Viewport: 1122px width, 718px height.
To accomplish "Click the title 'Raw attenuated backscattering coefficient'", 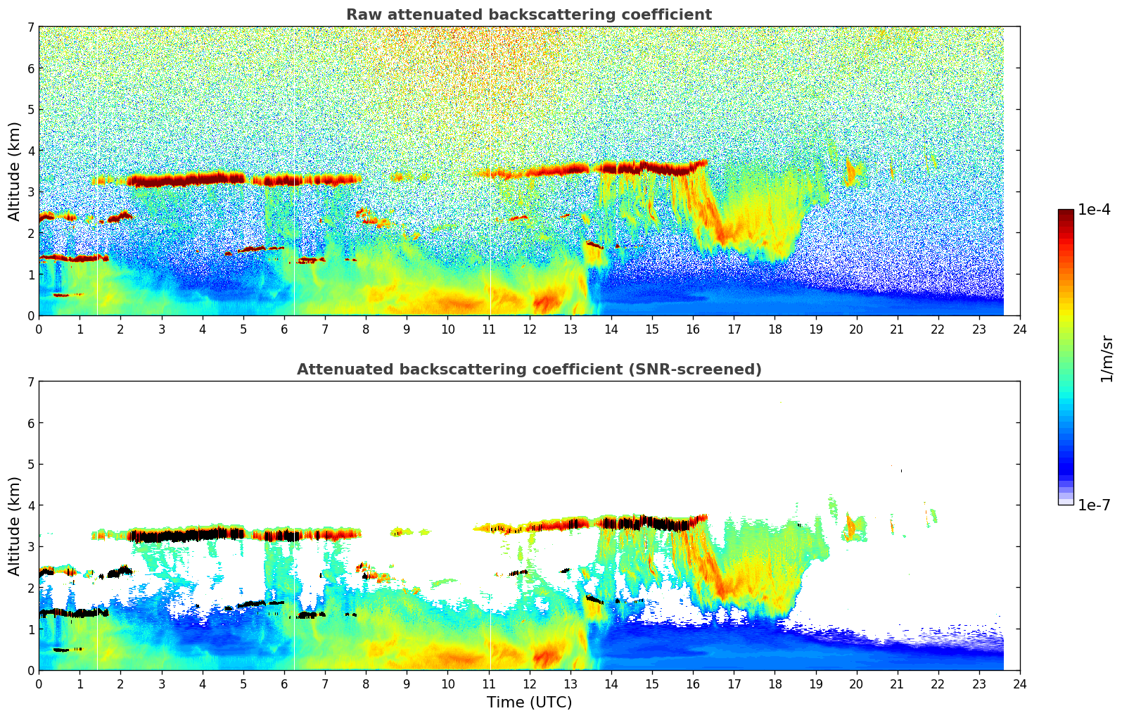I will (528, 15).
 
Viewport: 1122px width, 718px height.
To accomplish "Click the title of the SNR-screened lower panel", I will (528, 370).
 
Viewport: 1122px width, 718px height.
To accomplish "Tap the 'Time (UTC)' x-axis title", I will (529, 703).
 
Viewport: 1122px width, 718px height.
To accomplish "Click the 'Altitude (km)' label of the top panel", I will (14, 171).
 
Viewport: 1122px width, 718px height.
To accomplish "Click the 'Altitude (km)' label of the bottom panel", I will (14, 526).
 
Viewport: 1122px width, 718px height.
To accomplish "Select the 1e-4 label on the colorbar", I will (1094, 210).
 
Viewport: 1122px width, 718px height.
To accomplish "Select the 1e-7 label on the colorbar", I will (1094, 505).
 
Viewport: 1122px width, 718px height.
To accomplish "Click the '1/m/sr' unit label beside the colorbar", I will (1107, 358).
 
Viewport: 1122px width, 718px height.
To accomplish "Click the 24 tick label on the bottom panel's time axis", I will (1019, 684).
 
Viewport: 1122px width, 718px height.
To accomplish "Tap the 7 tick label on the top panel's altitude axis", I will (30, 27).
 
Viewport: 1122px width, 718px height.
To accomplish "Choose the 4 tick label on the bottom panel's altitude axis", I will (30, 505).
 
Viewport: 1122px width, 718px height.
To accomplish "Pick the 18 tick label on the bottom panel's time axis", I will (774, 684).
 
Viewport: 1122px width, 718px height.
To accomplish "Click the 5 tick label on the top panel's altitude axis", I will (30, 110).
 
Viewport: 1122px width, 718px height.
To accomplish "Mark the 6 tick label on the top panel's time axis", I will (284, 329).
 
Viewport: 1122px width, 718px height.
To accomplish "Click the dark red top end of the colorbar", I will (1065, 212).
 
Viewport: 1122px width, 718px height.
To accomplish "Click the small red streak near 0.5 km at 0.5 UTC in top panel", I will (62, 295).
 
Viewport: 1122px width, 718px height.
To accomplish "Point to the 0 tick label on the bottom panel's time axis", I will (39, 684).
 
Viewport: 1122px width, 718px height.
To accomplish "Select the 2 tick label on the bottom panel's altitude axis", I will (30, 588).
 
